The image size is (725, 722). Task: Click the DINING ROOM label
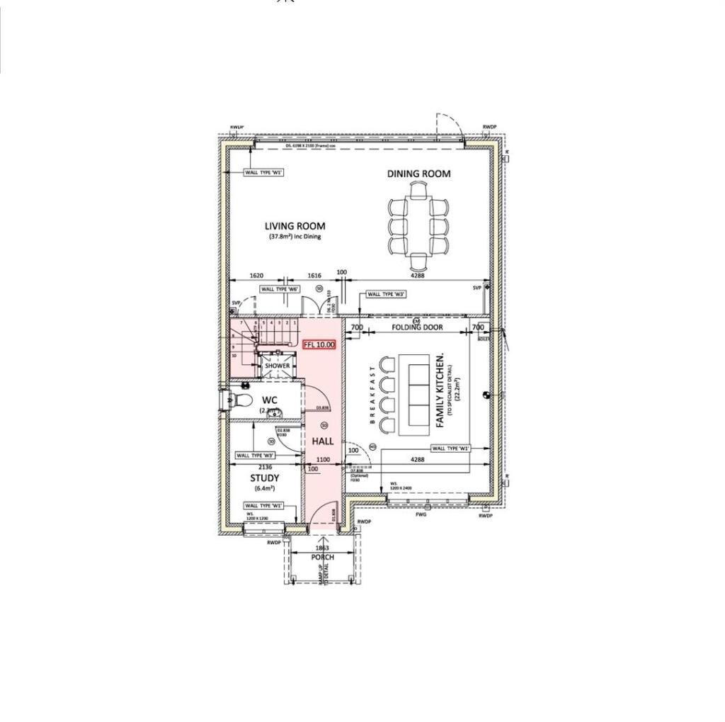pyautogui.click(x=418, y=174)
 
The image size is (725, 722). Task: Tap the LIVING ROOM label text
pyautogui.click(x=295, y=226)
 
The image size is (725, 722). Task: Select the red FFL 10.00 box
pyautogui.click(x=319, y=345)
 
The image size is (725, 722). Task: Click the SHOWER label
pyautogui.click(x=277, y=366)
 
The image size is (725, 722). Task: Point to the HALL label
pyautogui.click(x=323, y=441)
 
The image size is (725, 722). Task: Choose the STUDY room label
pyautogui.click(x=264, y=478)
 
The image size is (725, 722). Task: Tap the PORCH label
pyautogui.click(x=322, y=558)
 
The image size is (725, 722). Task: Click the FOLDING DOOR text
pyautogui.click(x=418, y=327)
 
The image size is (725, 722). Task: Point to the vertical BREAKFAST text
pyautogui.click(x=372, y=395)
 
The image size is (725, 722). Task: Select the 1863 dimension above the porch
pyautogui.click(x=322, y=548)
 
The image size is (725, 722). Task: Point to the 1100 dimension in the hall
pyautogui.click(x=323, y=460)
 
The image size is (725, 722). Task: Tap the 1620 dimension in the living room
pyautogui.click(x=256, y=276)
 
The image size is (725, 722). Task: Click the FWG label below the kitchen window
pyautogui.click(x=421, y=516)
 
